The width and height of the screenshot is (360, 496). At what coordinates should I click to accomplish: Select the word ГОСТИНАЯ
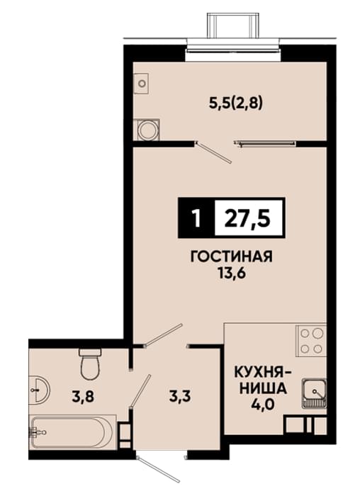(231, 257)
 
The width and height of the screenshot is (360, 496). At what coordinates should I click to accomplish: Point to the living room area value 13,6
(232, 273)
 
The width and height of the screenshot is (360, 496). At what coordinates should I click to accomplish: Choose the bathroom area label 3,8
(83, 396)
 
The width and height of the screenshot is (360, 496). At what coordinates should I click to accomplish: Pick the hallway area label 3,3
(180, 396)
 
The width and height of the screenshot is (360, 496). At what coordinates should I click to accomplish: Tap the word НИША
(263, 388)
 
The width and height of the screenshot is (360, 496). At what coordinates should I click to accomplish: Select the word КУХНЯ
(259, 372)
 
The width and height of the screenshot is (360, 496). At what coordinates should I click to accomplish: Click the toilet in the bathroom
(90, 363)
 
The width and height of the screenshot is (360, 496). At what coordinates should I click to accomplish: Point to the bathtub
(73, 432)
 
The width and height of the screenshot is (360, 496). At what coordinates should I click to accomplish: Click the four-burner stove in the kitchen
(311, 340)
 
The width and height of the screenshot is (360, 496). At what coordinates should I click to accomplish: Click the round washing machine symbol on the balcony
(147, 130)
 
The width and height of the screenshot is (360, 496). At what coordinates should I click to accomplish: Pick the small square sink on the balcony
(142, 84)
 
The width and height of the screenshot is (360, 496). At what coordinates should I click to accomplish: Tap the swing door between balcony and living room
(213, 152)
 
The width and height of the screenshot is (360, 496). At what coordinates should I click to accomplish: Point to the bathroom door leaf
(140, 391)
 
